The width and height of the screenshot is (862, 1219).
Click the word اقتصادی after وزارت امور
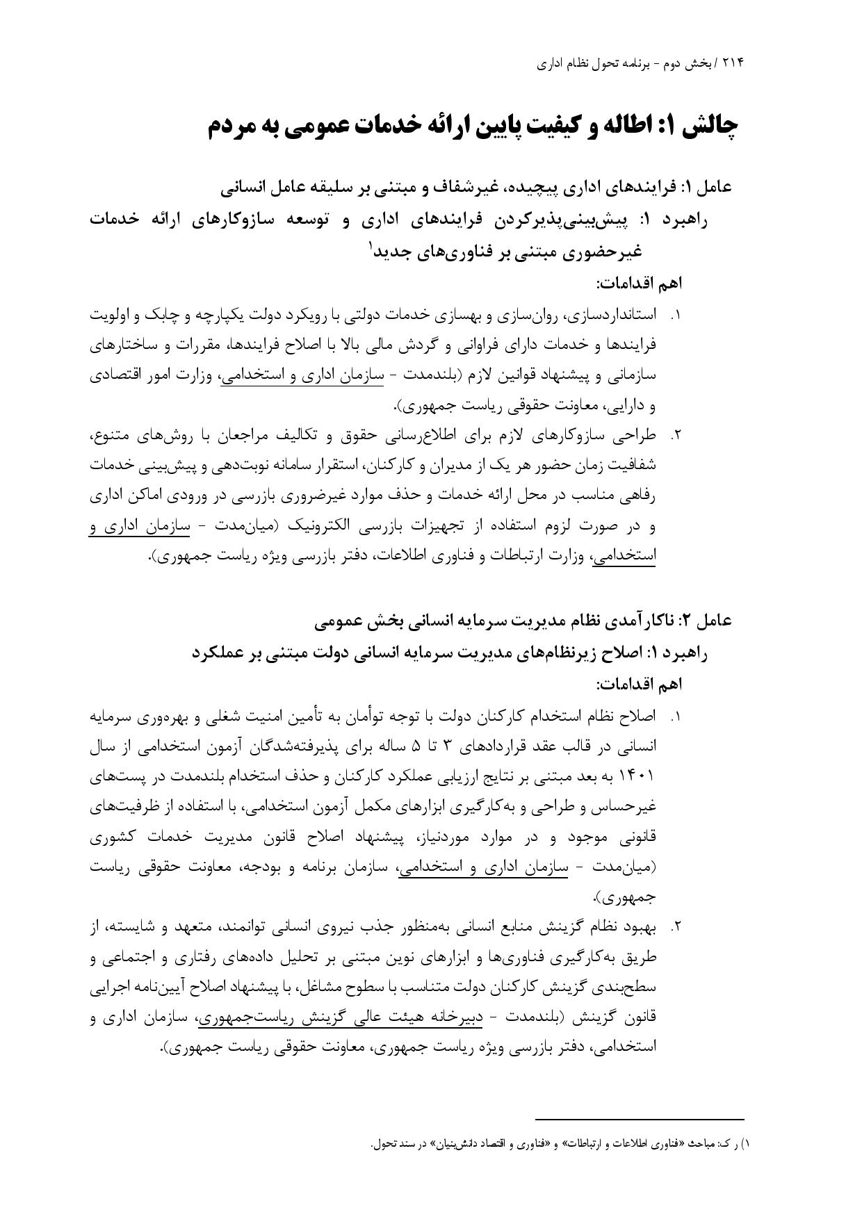[x=114, y=376]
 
